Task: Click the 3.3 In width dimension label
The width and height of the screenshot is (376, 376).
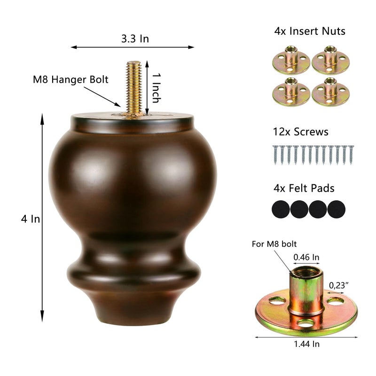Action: pyautogui.click(x=135, y=39)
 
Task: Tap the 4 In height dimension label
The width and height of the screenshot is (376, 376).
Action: pyautogui.click(x=31, y=219)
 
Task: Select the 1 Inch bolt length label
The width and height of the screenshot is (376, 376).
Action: pyautogui.click(x=156, y=88)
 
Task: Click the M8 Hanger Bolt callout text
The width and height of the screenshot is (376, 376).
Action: pyautogui.click(x=70, y=79)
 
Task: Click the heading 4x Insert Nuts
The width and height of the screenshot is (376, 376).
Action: pyautogui.click(x=310, y=31)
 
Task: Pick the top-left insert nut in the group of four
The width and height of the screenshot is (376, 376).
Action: pyautogui.click(x=291, y=60)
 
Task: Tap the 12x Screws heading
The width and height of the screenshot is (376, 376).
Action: pyautogui.click(x=301, y=132)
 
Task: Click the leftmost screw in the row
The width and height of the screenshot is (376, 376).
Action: pyautogui.click(x=275, y=155)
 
